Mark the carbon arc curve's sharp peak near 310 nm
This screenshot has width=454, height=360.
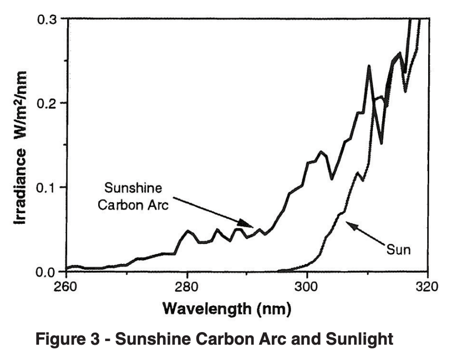(x=369, y=66)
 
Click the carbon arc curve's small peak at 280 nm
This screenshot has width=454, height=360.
(x=187, y=231)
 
